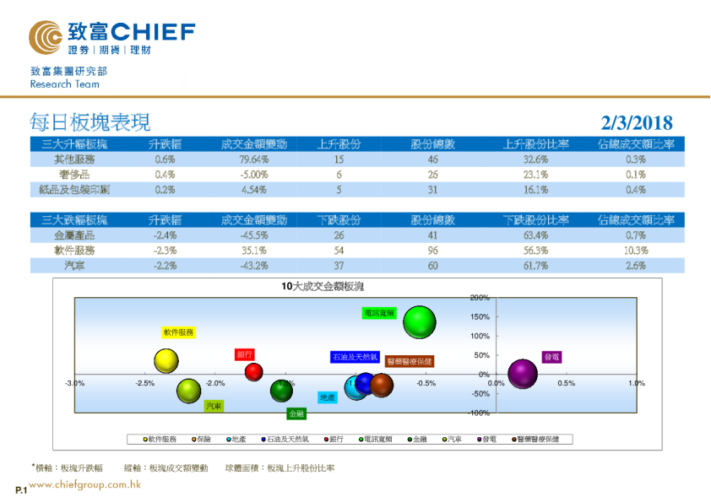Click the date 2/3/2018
coord(638,123)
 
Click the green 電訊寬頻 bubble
coord(420,321)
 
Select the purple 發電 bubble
coord(523,373)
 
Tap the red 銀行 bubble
coord(253,371)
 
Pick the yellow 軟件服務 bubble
coord(167,361)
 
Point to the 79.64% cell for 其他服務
coord(253,159)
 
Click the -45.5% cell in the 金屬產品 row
coord(253,235)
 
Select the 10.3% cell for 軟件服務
coord(636,251)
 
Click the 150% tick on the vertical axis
coord(479,317)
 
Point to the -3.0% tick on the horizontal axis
coord(74,383)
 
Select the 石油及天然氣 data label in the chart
coord(355,357)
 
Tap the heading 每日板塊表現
coord(90,122)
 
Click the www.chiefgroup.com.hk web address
coord(84,485)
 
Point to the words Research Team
coord(64,84)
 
